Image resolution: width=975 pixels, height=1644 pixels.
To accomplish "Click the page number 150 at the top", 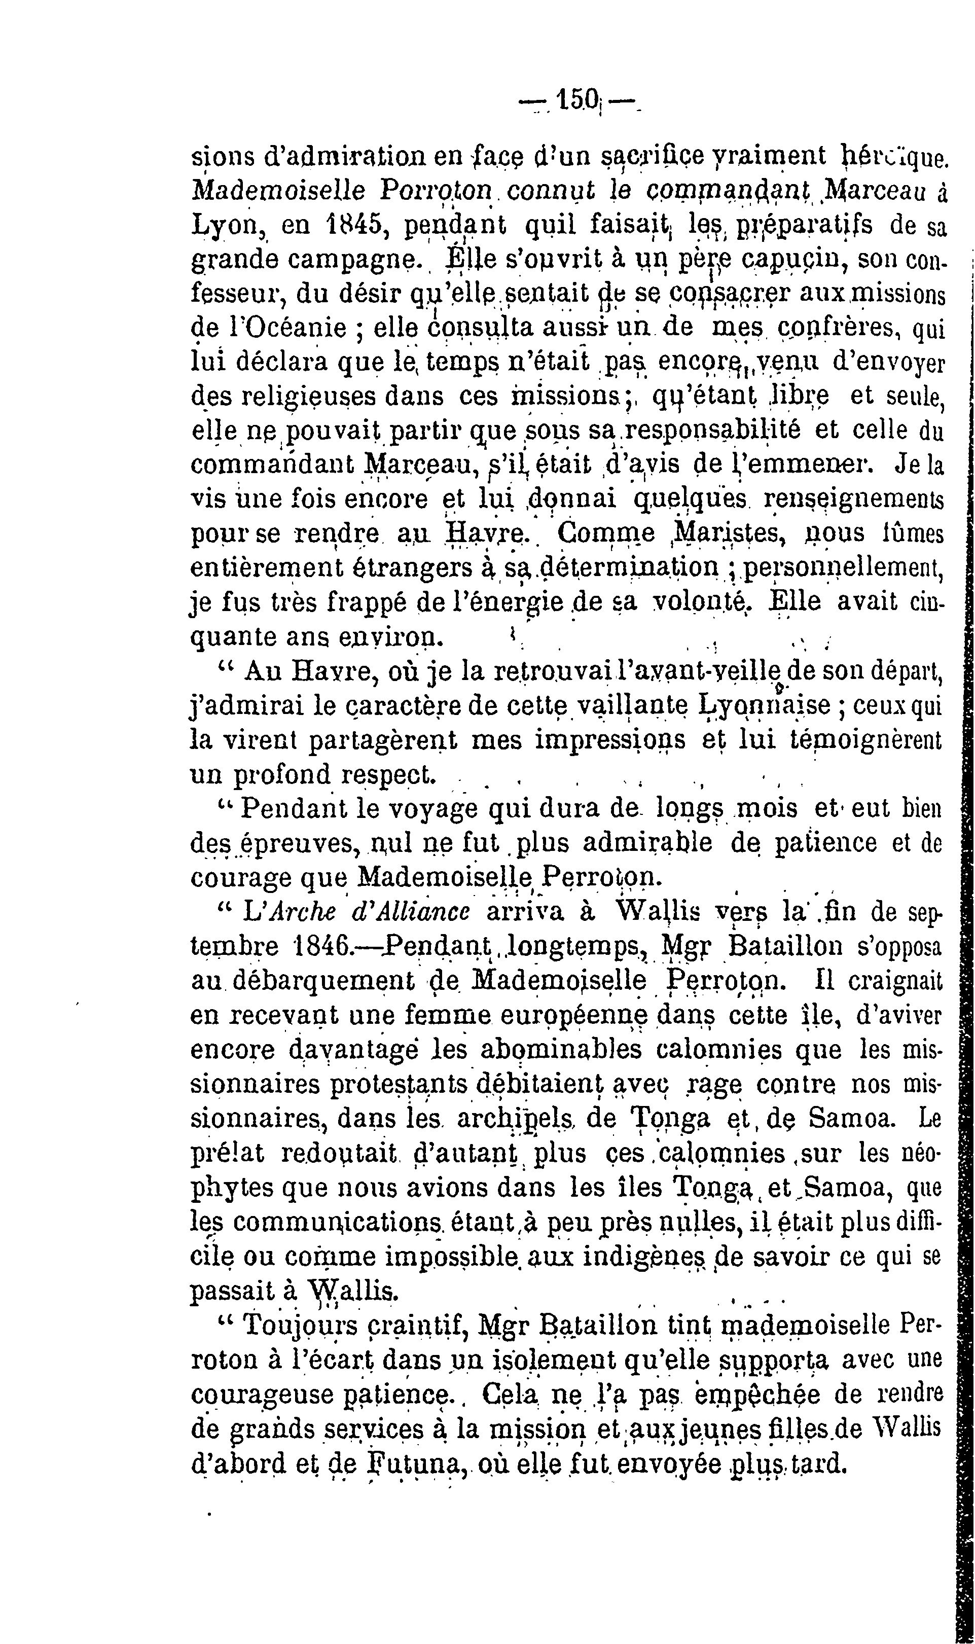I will point(577,101).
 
